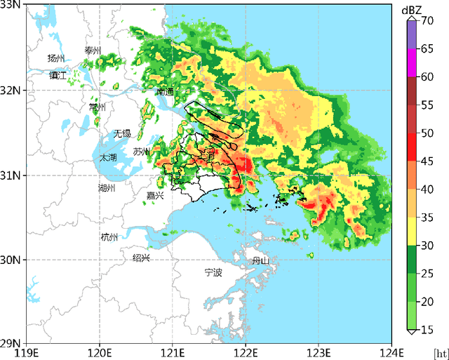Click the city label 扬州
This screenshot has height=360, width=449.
click(56, 58)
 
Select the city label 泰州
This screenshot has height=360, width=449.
click(93, 51)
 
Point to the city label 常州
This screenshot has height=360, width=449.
click(97, 107)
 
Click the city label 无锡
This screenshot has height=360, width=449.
click(122, 133)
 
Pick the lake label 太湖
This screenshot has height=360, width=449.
click(107, 158)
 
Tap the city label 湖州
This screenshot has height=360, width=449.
click(107, 187)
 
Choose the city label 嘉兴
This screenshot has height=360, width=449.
click(155, 196)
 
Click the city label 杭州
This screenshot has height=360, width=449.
click(109, 237)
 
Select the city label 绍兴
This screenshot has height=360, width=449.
click(142, 258)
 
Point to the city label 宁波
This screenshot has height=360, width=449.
click(213, 272)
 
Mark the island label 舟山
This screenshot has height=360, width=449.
click(261, 261)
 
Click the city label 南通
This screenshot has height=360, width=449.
click(166, 92)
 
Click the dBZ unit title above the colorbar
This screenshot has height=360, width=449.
click(411, 10)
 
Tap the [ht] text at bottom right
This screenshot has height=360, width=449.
click(440, 352)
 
